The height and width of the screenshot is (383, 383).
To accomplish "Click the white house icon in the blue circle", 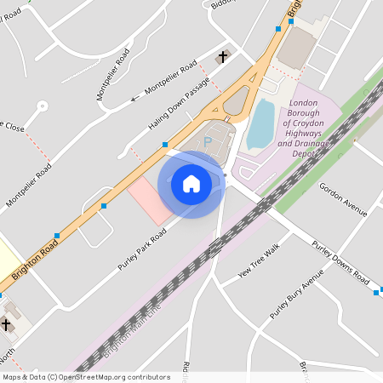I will [191, 184].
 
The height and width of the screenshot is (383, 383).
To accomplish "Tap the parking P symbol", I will [207, 142].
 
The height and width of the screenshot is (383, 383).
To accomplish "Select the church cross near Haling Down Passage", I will [223, 57].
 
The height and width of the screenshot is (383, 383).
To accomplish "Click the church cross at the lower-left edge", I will [7, 325].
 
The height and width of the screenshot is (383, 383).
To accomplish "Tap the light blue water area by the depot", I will [260, 124].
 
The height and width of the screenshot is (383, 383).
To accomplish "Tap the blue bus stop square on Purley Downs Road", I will [376, 293].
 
